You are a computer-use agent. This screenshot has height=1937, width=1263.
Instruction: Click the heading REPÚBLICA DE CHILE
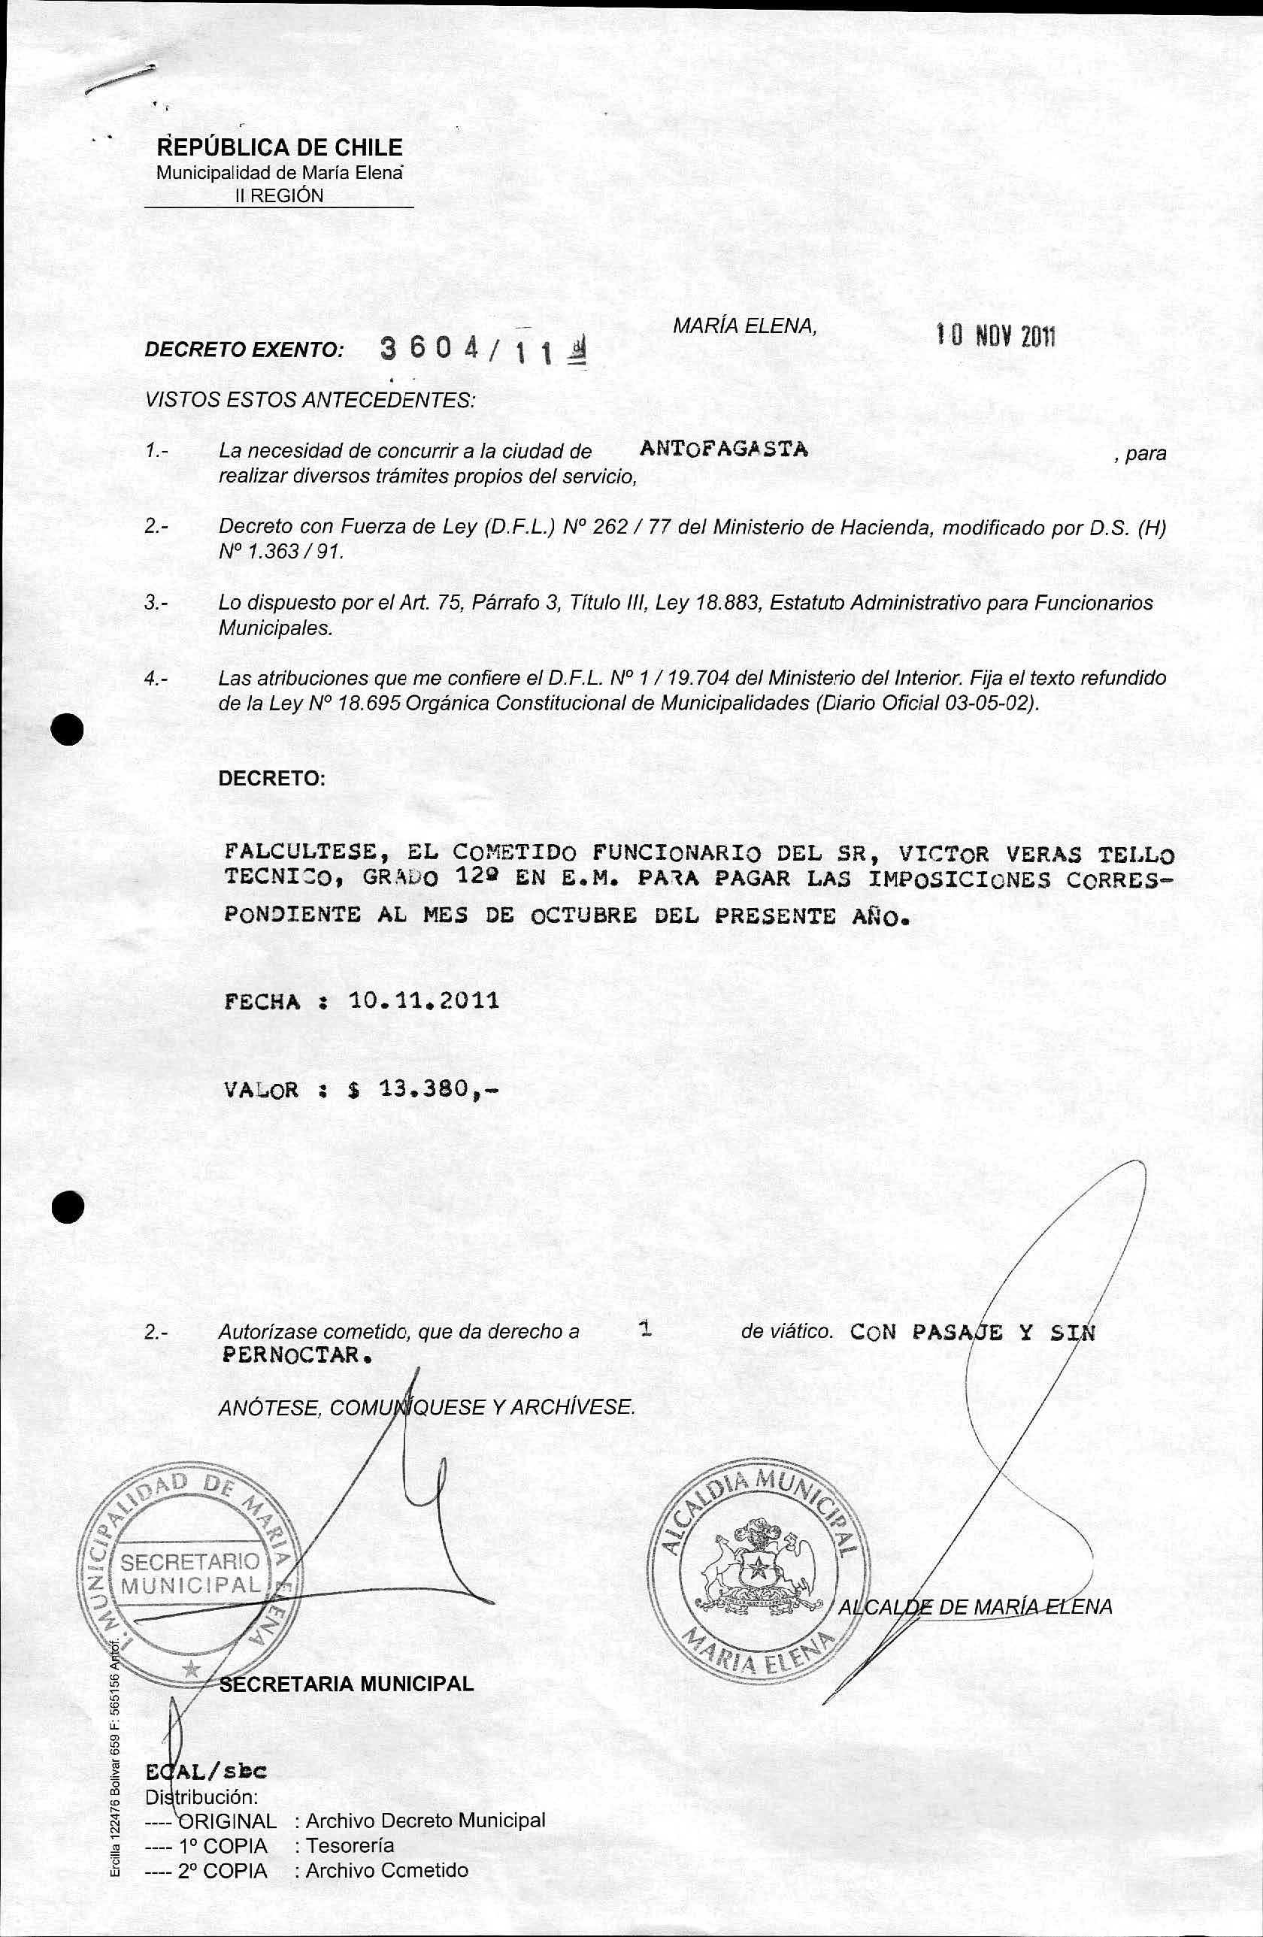point(280,147)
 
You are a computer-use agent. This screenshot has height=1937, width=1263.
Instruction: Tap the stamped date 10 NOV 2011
point(995,334)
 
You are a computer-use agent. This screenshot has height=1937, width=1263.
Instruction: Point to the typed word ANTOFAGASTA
point(723,449)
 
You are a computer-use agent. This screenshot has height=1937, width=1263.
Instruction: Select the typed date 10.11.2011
point(423,1000)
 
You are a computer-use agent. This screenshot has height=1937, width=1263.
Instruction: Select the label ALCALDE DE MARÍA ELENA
point(974,1606)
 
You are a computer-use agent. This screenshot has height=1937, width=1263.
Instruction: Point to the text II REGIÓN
point(278,195)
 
